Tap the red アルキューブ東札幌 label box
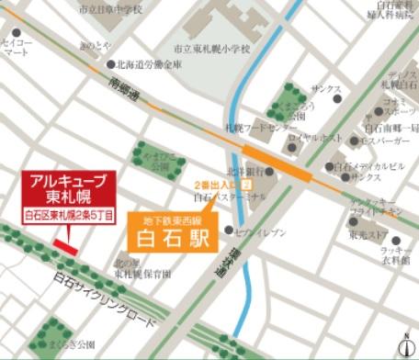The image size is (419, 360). click(70, 196)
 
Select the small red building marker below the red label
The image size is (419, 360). click(64, 244)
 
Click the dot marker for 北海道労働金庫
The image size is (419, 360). click(112, 65)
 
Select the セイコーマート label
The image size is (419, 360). click(17, 48)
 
